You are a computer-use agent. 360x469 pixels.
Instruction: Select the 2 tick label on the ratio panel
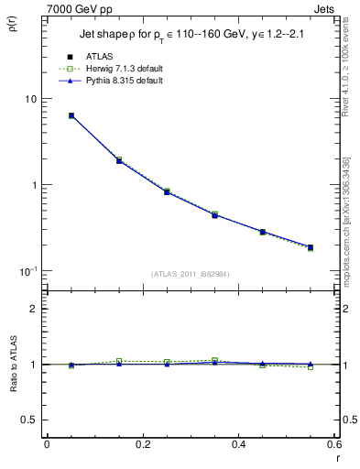click(x=35, y=309)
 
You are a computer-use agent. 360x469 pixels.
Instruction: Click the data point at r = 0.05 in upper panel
click(x=71, y=115)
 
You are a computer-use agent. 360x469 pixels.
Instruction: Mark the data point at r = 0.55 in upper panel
click(x=310, y=247)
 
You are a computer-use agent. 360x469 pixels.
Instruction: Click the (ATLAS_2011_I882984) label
click(x=191, y=274)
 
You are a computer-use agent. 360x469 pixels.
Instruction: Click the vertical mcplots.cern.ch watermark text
click(x=348, y=211)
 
